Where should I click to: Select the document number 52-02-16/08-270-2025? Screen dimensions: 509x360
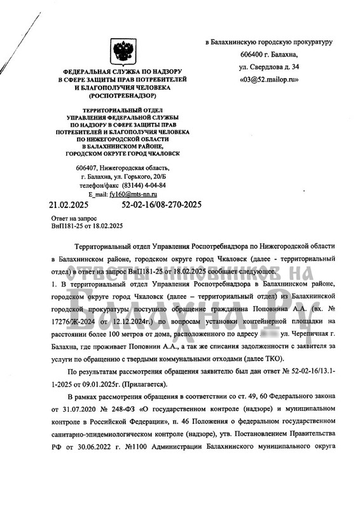pos(161,205)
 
